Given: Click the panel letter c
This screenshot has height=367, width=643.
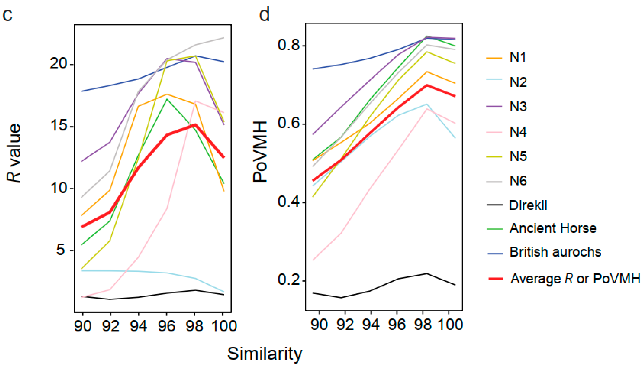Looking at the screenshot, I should point(8,15).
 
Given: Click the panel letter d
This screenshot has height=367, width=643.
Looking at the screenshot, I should point(264,14).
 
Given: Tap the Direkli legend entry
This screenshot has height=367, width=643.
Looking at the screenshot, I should point(528,205).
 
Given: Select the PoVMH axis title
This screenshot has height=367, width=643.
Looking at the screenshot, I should point(260,152).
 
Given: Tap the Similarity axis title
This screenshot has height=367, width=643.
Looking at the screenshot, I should point(264,354).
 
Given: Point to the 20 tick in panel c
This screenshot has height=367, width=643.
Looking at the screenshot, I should point(59,64).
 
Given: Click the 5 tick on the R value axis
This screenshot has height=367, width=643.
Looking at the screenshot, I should point(61,250).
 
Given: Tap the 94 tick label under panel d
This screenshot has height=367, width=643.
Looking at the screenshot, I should point(371,324).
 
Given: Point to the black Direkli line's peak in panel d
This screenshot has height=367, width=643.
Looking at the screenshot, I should point(426,273).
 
